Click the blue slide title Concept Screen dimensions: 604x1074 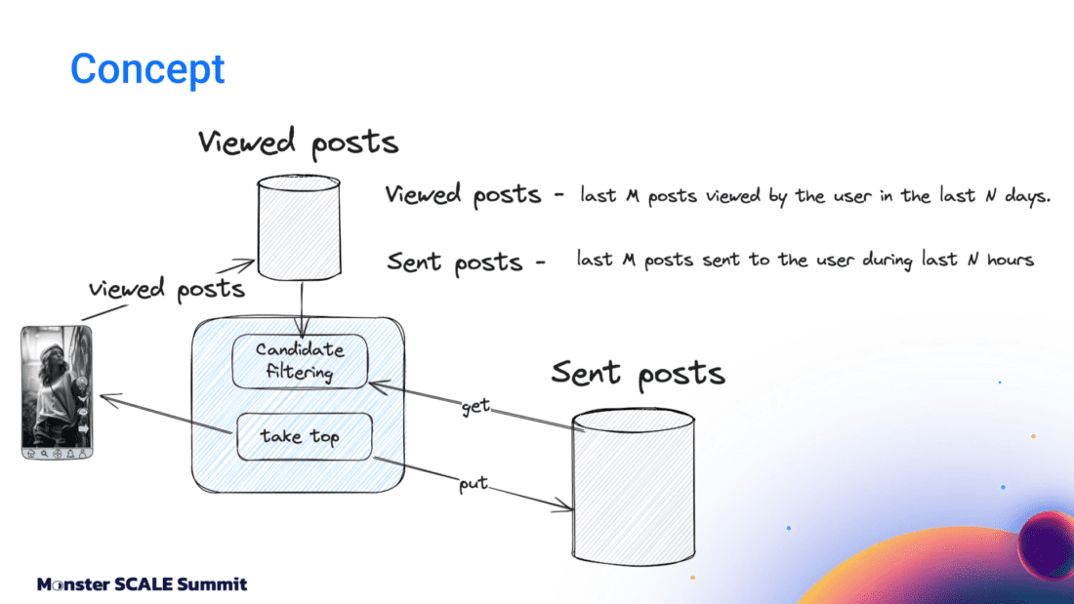[x=147, y=69]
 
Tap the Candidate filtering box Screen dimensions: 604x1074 [x=300, y=361]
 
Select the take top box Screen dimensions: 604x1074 [x=305, y=436]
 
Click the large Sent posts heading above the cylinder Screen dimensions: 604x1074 [x=638, y=373]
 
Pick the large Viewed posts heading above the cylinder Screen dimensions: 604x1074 [x=298, y=142]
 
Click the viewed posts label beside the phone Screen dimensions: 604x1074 [x=166, y=289]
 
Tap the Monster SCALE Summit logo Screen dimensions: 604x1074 [x=143, y=584]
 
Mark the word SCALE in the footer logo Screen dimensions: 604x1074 [x=145, y=584]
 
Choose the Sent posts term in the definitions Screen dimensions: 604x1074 [x=455, y=262]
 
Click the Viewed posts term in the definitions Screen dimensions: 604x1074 [x=463, y=195]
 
